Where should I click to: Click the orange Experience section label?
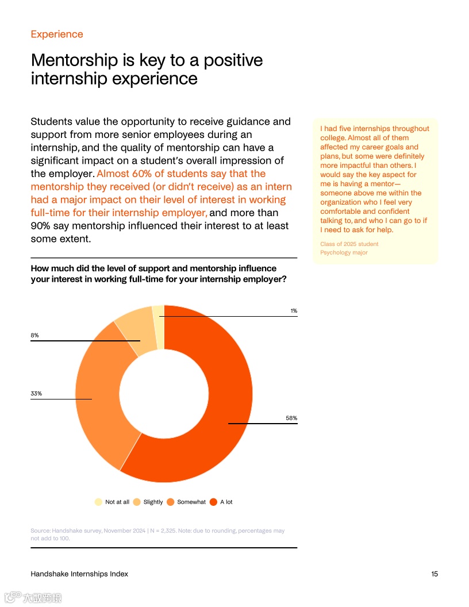[x=57, y=34]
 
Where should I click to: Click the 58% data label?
[x=291, y=418]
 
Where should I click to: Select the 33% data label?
[x=36, y=394]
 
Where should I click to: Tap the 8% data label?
[x=34, y=335]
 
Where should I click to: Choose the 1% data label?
[x=294, y=311]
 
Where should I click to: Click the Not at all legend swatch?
[x=98, y=502]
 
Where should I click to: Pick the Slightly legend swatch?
[x=137, y=502]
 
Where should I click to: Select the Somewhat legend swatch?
[x=170, y=502]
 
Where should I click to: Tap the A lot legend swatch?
[x=213, y=502]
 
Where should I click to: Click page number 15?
[x=435, y=574]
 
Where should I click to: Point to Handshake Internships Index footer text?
[x=79, y=574]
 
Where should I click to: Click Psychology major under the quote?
[x=344, y=252]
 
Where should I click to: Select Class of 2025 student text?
[x=349, y=244]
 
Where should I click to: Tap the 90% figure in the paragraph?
[x=42, y=226]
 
